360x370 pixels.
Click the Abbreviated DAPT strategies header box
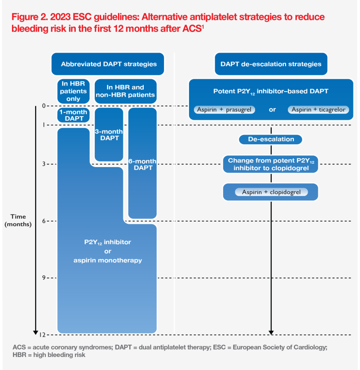109,64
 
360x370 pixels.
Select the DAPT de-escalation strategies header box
271,64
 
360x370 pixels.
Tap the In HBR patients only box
73,91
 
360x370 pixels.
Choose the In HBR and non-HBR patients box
125,91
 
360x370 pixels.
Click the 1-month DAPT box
73,115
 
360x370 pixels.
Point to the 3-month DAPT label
109,135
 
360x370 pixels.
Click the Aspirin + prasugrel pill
225,110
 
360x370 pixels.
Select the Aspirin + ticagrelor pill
318,110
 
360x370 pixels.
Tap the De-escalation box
271,139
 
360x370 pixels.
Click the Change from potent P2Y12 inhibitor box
271,164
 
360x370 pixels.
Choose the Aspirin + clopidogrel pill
271,192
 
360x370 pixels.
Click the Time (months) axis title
18,220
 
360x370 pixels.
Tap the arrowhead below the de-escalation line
271,332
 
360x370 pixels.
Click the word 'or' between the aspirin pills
272,110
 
